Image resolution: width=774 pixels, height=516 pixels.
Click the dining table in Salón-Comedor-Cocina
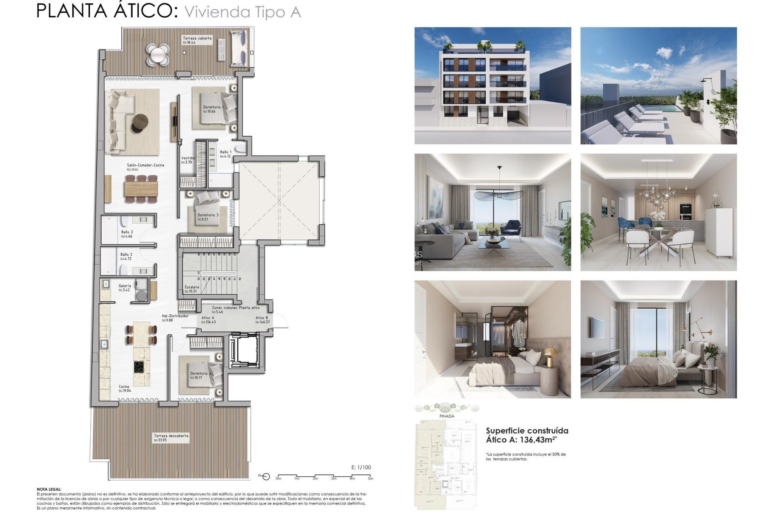click(141, 188)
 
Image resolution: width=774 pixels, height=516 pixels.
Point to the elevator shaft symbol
click(243, 350)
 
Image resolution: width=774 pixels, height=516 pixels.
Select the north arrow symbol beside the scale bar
click(265, 476)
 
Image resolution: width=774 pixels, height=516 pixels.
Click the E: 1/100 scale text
click(361, 467)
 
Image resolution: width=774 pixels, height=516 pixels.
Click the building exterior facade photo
click(493, 85)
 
